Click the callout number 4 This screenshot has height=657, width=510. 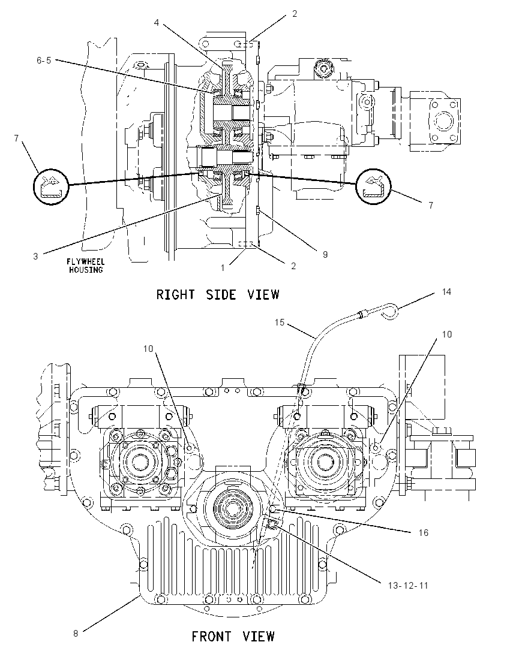(x=157, y=22)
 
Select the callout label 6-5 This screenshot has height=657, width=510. (x=44, y=61)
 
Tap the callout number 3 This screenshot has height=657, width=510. (x=35, y=256)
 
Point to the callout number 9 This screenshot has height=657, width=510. (x=325, y=254)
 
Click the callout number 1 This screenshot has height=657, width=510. (x=223, y=267)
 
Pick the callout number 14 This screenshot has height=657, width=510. (x=446, y=291)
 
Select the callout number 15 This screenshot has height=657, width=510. (x=280, y=323)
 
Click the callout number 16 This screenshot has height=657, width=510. (x=424, y=532)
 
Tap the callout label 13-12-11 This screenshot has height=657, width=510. (x=408, y=585)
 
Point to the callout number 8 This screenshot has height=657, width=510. (x=76, y=633)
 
